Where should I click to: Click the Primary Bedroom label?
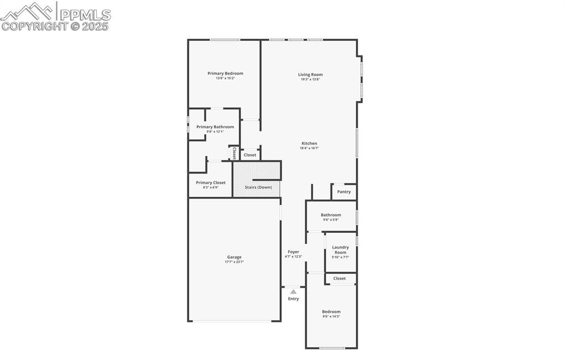225,74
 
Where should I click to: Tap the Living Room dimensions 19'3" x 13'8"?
310,80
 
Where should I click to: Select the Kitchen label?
309,143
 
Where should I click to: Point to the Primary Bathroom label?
215,127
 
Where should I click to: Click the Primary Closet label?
211,182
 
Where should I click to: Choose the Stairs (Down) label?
258,187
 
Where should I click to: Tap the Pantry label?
344,192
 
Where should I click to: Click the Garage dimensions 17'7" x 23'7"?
234,262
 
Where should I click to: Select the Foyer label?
293,252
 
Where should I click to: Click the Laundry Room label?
340,250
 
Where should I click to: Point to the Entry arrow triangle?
293,291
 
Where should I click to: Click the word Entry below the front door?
293,299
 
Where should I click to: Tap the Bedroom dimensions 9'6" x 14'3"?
331,317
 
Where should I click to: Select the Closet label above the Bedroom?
339,279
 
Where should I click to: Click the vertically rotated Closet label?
234,153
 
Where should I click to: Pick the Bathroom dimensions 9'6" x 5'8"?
331,220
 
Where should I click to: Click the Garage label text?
234,257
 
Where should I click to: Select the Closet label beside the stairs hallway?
250,155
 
